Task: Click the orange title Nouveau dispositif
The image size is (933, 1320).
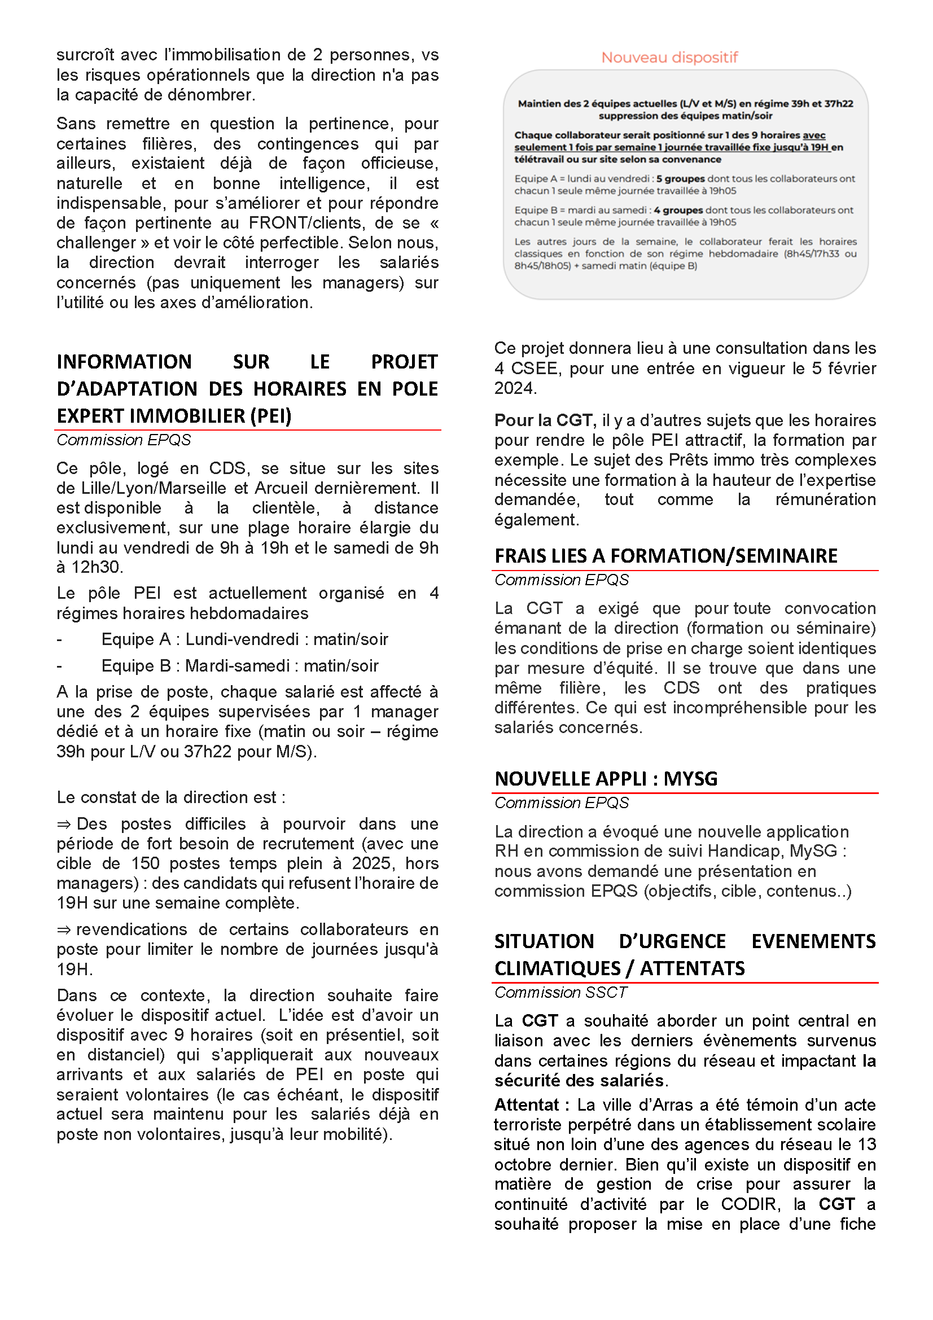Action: tap(669, 58)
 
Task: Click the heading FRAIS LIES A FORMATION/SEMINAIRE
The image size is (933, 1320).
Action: tap(665, 556)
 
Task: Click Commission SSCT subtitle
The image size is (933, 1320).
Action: tap(560, 993)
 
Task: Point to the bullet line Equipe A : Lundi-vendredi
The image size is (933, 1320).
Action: tap(244, 639)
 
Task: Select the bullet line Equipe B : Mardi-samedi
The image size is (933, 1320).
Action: tap(240, 666)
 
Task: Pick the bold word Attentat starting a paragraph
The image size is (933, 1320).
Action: tap(527, 1105)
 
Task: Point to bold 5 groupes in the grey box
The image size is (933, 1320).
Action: tap(680, 179)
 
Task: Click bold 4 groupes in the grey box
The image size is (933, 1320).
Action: tap(678, 211)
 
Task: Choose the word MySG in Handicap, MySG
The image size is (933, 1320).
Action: tap(813, 851)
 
